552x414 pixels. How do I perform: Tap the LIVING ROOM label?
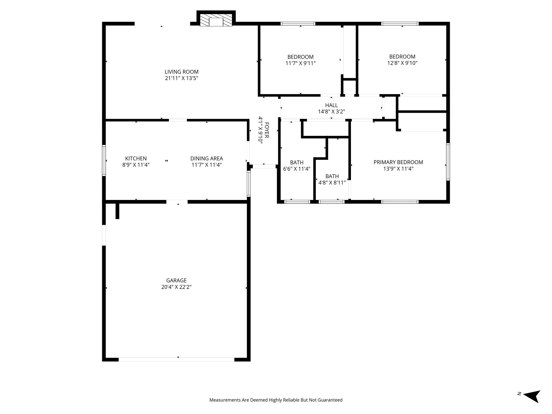coord(181,72)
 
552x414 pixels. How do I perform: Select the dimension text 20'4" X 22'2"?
coord(176,287)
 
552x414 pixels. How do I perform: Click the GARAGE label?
coord(176,281)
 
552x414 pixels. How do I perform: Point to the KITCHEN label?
coord(136,158)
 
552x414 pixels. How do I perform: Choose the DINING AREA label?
coord(206,158)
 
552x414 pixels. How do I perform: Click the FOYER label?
coord(267,130)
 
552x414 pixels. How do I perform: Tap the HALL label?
coord(331,105)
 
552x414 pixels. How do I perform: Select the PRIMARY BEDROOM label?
coord(398,162)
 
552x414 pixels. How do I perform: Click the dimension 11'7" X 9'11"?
coord(300,63)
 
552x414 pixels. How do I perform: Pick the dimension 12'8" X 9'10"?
coord(402,63)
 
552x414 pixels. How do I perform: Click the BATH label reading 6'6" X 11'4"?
coord(296,163)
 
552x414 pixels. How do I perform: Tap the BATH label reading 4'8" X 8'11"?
coord(332,176)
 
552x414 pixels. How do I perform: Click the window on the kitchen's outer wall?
coord(104,160)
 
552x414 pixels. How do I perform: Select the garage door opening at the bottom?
coord(177,360)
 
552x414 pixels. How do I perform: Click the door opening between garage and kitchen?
coord(177,202)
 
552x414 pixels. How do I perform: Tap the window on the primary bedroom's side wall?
coord(448,162)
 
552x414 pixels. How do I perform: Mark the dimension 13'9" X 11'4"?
coord(398,169)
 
